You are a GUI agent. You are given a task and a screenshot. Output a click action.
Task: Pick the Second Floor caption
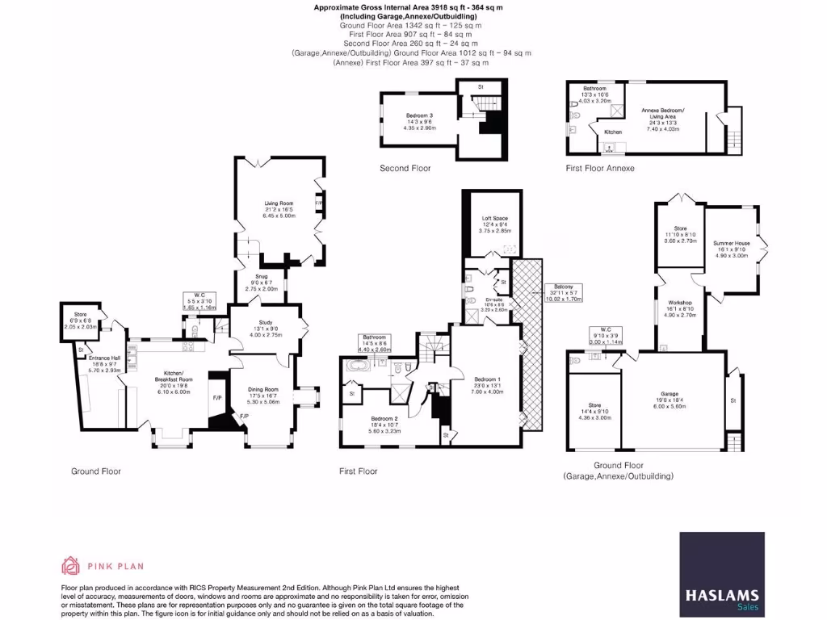pos(405,169)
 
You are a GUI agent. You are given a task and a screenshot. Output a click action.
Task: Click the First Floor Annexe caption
pos(600,169)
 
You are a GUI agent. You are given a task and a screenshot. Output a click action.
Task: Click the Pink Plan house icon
pos(70,565)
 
